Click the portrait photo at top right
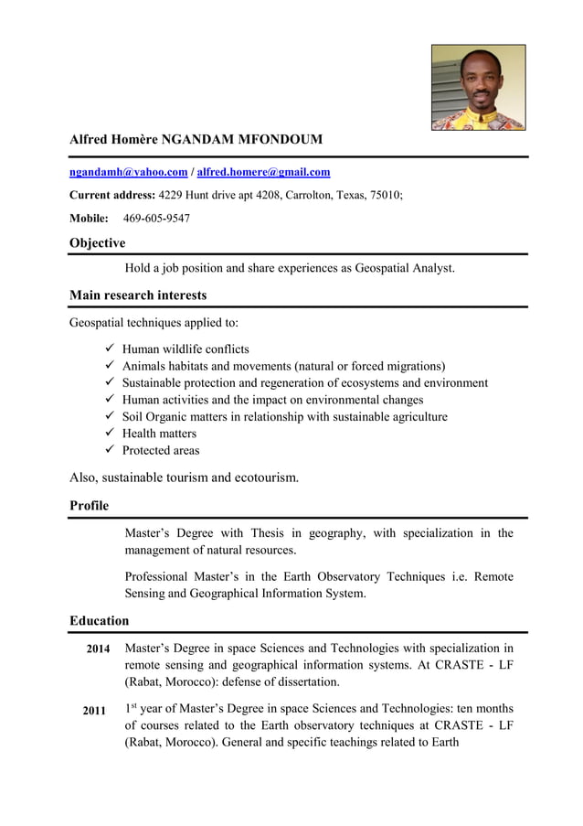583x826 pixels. coord(478,88)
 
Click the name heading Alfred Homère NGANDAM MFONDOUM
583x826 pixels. coord(196,140)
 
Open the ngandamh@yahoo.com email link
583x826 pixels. coord(129,172)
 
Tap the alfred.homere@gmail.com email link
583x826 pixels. coord(263,172)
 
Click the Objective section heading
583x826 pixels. coord(97,243)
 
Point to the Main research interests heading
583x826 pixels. coord(138,295)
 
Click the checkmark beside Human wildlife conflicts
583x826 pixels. coord(110,349)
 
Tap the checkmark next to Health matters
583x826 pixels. coord(110,433)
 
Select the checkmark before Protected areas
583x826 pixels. coord(110,450)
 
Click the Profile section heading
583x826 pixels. coord(89,506)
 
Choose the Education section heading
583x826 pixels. coord(99,621)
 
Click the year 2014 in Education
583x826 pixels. coord(98,649)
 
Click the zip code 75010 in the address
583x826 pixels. coord(382,195)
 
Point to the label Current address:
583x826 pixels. coord(112,195)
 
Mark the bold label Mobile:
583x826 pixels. coord(89,218)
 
